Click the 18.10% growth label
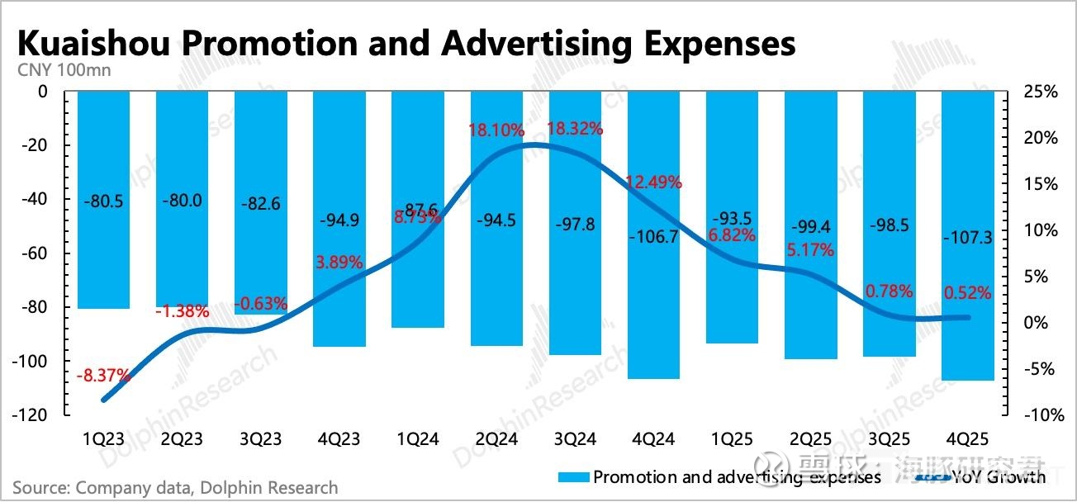[497, 130]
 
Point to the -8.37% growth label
[103, 376]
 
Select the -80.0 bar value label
[182, 201]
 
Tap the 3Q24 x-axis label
[575, 439]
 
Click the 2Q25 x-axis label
[811, 439]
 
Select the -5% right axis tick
[1041, 369]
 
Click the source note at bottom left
[175, 488]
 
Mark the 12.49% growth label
[654, 182]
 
